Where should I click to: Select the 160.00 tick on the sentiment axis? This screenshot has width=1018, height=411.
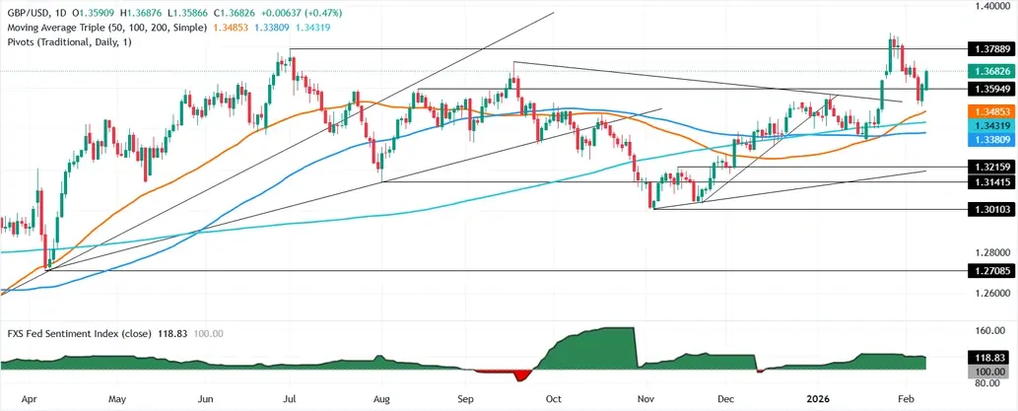(x=985, y=331)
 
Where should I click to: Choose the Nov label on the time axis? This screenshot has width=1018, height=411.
(x=646, y=399)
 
